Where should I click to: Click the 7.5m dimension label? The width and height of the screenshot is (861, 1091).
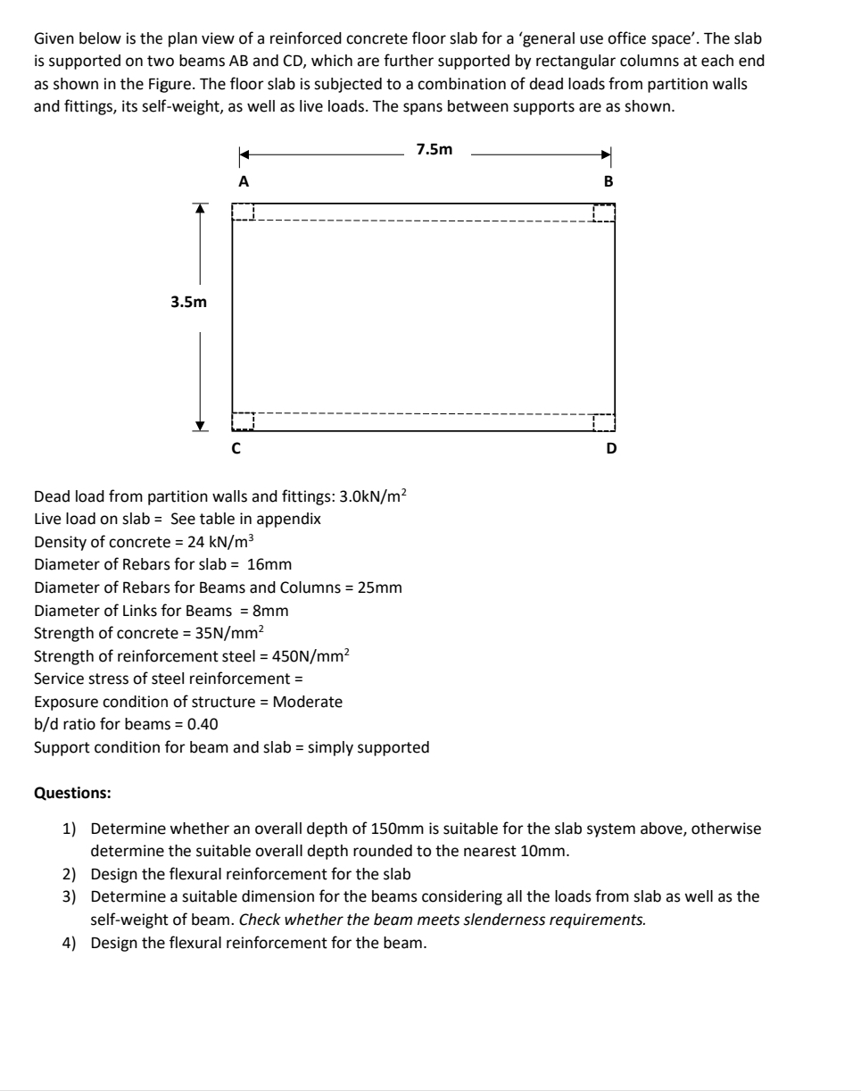pos(435,150)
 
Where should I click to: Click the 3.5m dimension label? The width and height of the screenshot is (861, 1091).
pos(188,303)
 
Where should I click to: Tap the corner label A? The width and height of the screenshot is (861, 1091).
pos(242,180)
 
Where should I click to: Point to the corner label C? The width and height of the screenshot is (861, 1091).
pos(236,448)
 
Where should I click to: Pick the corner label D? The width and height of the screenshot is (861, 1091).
pos(611,448)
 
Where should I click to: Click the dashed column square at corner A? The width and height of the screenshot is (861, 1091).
pos(244,212)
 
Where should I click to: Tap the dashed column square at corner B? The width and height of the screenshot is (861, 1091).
pos(604,212)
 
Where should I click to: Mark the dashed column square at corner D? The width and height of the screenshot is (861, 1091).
pos(604,422)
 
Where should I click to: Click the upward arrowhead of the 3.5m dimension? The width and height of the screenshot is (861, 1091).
pos(201,208)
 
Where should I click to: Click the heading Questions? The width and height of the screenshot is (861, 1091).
pos(72,792)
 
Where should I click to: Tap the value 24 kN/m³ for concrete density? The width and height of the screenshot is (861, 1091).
pos(219,542)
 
